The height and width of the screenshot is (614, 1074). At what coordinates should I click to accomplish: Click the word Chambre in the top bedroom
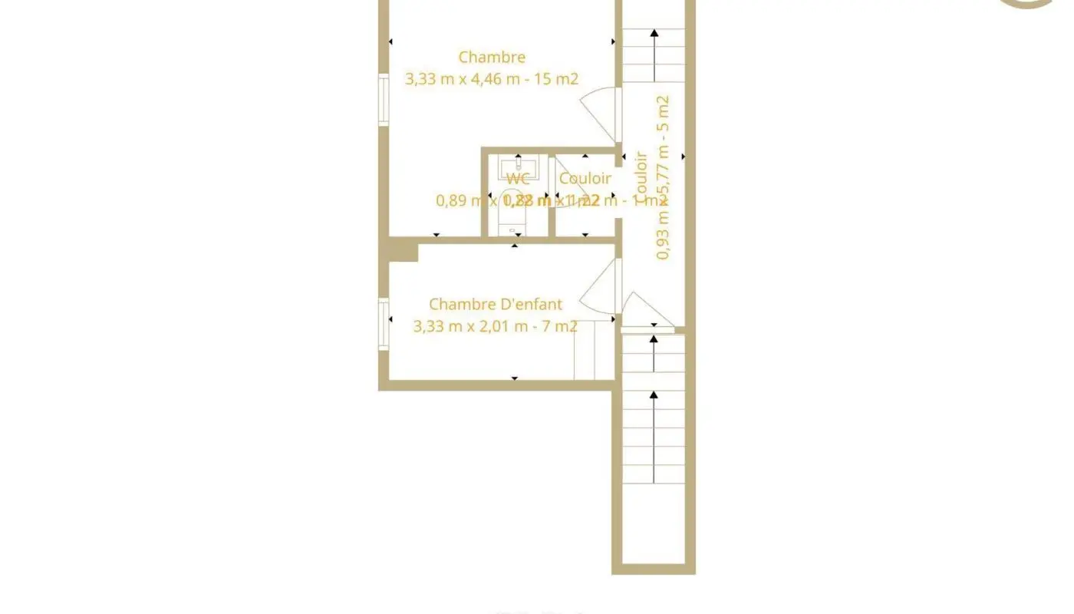coord(492,57)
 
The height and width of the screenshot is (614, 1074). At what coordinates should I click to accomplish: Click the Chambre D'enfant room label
coord(495,305)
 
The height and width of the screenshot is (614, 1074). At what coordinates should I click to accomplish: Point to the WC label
coord(518,179)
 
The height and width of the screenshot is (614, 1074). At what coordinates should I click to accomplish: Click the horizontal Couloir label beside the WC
coord(585,179)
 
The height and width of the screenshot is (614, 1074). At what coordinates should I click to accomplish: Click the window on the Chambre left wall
coord(384,99)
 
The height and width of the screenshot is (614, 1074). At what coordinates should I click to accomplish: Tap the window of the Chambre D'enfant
coord(384,324)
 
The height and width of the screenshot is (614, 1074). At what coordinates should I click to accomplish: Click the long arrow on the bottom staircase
coord(654,437)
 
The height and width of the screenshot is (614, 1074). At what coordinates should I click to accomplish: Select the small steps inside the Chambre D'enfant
coord(594,350)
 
